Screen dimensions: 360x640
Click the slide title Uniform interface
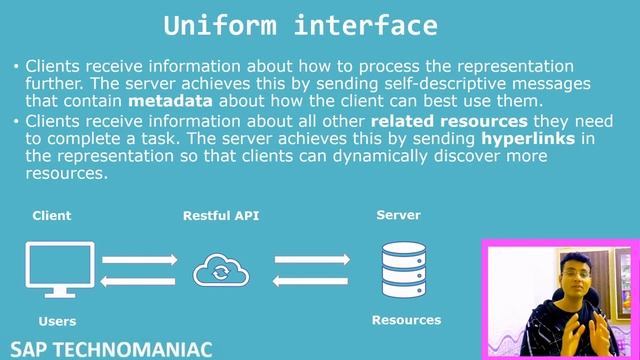300,25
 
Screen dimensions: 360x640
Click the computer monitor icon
60,269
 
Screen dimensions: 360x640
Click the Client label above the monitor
52,216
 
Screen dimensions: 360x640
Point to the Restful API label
221,216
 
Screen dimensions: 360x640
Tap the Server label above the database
398,215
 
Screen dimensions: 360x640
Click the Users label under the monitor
57,322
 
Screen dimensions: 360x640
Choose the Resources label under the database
406,320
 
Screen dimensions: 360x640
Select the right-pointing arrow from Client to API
139,260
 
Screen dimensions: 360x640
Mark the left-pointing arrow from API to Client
139,281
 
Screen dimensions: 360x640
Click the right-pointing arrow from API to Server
311,260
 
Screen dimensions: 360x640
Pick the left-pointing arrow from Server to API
311,281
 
